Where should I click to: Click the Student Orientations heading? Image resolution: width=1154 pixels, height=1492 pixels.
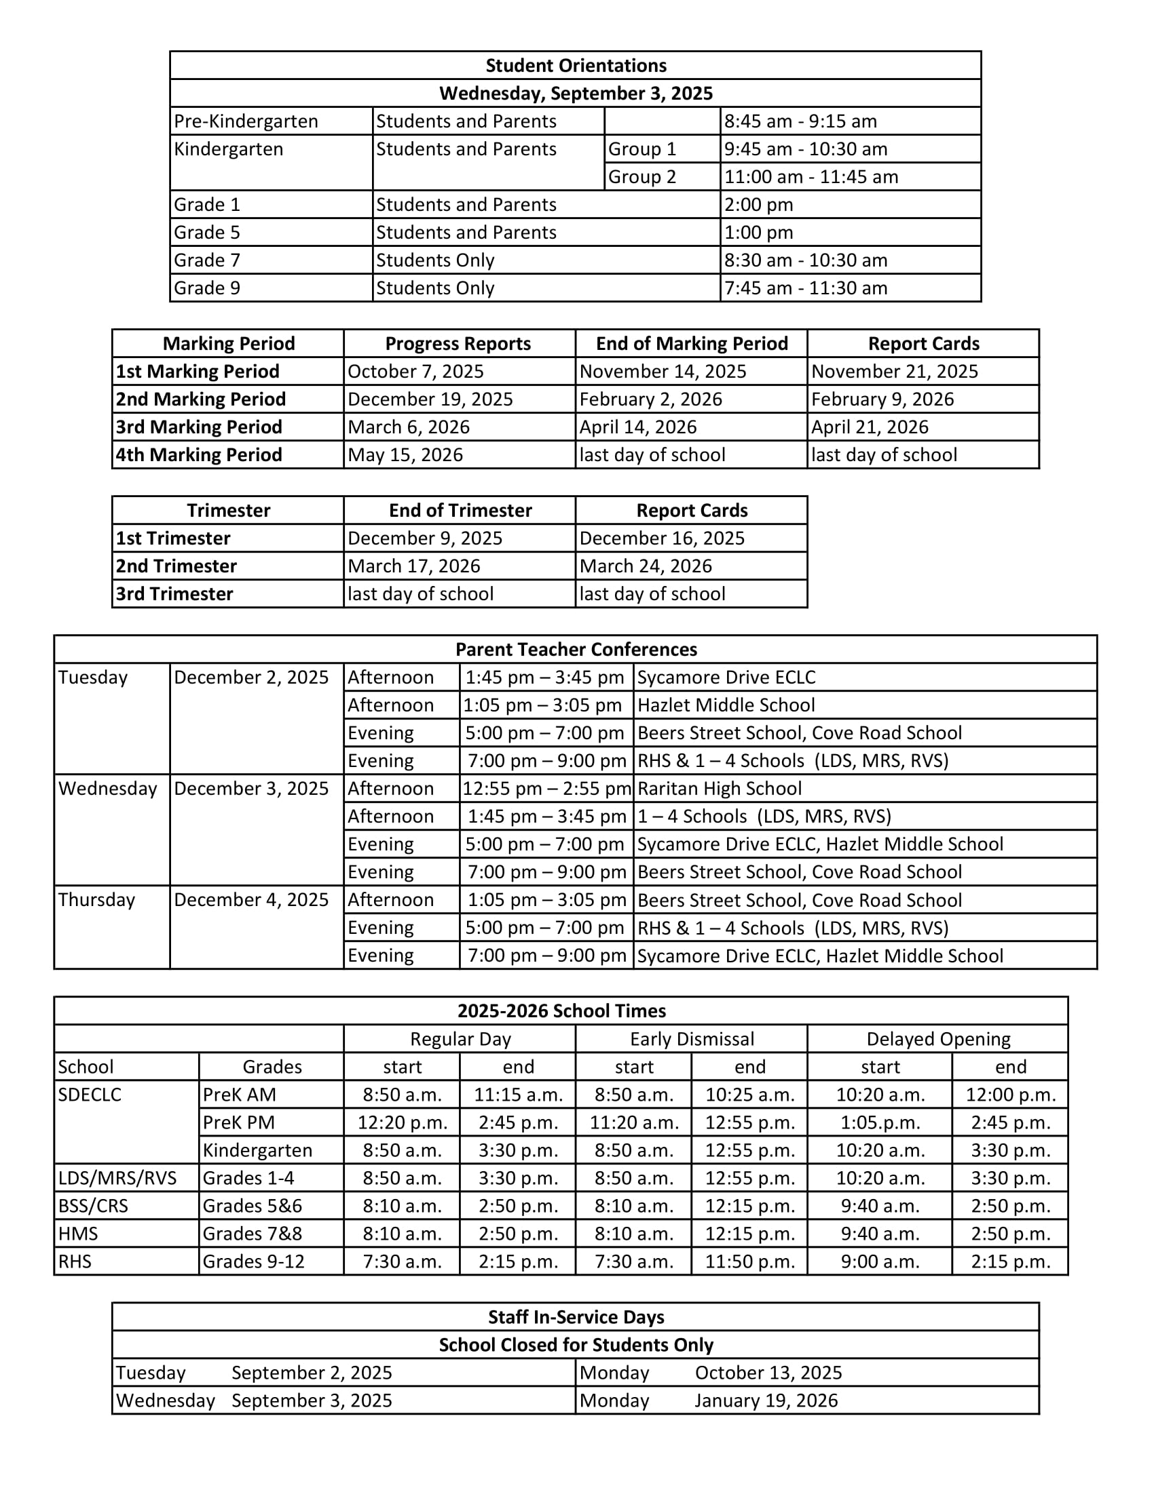point(576,66)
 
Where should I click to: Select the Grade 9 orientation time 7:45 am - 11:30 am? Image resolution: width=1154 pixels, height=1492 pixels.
point(805,288)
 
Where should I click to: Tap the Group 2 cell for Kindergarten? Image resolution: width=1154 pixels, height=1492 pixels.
point(642,177)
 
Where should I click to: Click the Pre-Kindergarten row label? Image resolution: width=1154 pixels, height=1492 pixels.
point(246,121)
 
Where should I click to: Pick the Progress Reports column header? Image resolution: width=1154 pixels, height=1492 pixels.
point(458,344)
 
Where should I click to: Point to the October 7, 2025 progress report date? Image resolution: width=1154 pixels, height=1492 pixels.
point(415,372)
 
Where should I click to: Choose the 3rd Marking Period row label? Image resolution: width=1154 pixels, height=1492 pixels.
point(199,427)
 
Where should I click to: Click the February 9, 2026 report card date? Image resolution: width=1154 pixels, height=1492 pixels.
point(882,399)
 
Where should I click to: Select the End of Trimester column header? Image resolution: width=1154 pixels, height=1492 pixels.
point(460,510)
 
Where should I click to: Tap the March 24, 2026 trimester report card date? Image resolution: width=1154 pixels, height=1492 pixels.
point(646,566)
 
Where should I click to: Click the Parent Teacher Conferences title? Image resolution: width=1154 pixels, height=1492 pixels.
point(576,650)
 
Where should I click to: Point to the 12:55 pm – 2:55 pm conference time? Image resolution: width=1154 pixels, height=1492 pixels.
point(546,788)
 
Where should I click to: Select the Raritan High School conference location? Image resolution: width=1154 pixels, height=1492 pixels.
point(719,788)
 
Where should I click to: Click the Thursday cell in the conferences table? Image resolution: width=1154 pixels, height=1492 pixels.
point(96,900)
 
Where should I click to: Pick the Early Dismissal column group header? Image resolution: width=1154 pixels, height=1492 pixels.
point(691,1039)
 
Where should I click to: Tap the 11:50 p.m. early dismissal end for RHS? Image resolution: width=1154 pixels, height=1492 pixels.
point(750,1261)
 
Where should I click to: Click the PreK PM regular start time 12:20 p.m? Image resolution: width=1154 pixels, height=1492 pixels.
point(402,1122)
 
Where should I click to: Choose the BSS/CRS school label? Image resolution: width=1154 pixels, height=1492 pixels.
point(93,1206)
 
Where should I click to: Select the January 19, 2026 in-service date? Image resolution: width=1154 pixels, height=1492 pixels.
point(766,1400)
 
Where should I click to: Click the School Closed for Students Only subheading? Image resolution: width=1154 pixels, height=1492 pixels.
point(576,1345)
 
